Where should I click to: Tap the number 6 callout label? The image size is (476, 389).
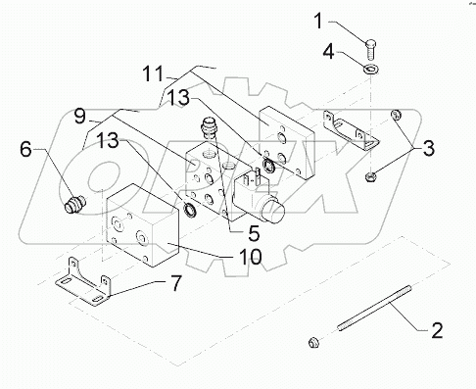[x=27, y=149]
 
